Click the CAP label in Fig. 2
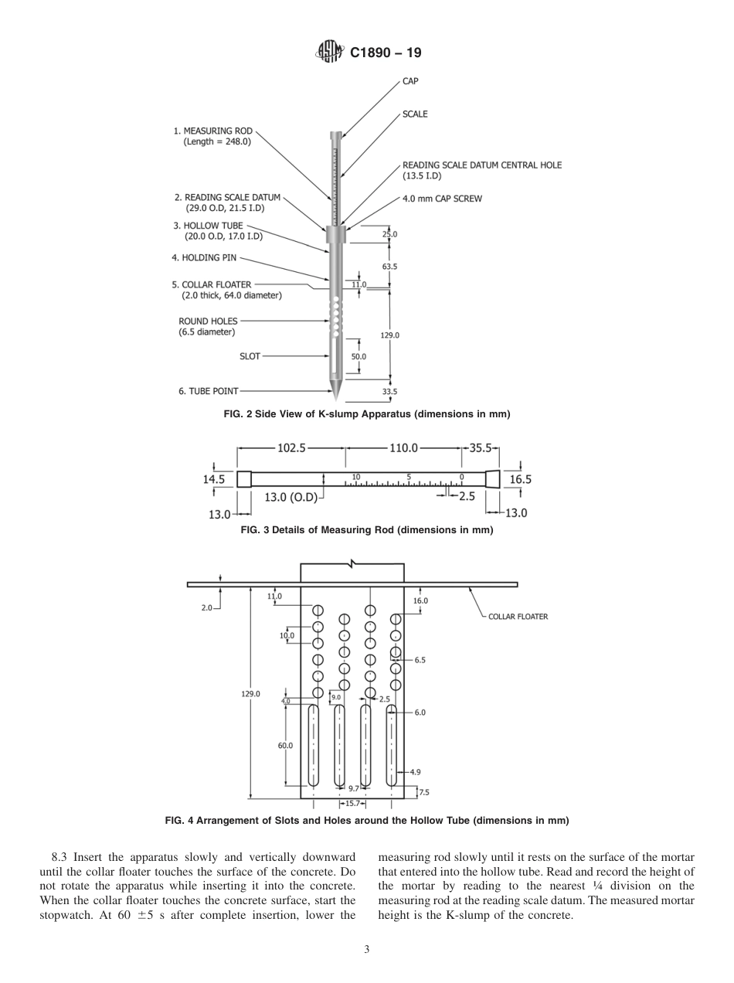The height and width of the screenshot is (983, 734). pos(410,80)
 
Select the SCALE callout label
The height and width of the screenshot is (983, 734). pos(415,114)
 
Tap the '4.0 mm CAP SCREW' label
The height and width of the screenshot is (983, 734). pos(442,199)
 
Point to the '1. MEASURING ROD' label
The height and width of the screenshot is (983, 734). pos(212,136)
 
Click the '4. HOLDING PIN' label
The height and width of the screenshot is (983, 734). pos(204,257)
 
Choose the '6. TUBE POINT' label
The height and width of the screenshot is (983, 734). pos(209,391)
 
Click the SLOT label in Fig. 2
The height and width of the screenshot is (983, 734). pos(250,356)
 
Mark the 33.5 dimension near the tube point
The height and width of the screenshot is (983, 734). pos(390,392)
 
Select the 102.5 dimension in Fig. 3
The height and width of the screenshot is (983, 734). pos(292,447)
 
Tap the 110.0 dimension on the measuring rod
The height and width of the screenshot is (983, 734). pos(403,447)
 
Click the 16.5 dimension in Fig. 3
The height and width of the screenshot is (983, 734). pos(520,479)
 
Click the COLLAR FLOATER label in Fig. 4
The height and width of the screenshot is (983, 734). pos(518,617)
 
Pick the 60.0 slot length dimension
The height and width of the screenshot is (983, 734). pos(285,745)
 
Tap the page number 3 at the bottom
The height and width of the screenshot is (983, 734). pos(367,950)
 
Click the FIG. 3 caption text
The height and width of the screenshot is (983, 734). pos(367,530)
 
